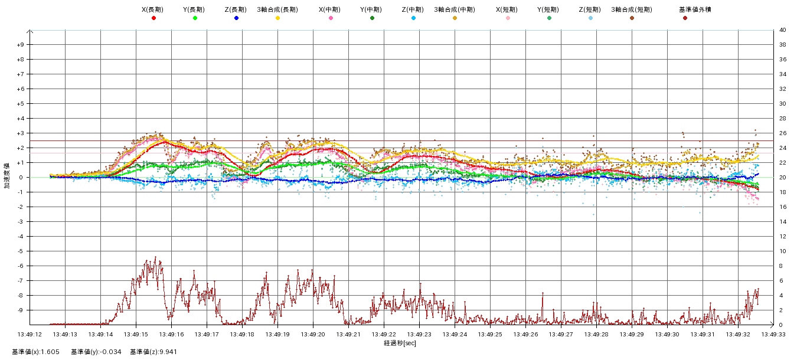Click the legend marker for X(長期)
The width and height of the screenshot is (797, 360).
(x=153, y=18)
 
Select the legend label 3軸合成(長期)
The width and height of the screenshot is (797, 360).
(x=277, y=10)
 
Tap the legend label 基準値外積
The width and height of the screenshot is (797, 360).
(x=685, y=10)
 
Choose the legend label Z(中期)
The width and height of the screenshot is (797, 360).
(x=413, y=10)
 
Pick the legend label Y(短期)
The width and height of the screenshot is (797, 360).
(x=549, y=10)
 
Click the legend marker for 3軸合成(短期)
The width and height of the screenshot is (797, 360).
(x=632, y=18)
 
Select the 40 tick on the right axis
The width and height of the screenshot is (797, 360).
(x=782, y=30)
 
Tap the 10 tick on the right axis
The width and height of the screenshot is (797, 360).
(x=782, y=251)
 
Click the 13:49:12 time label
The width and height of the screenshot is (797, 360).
(x=30, y=334)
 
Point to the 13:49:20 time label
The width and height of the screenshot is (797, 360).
(x=313, y=334)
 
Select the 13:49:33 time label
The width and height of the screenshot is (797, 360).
(x=773, y=334)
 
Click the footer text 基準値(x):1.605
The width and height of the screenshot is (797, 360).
(x=36, y=352)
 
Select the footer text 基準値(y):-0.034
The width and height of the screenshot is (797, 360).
(x=96, y=352)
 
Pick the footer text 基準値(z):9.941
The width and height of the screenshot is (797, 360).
(x=153, y=352)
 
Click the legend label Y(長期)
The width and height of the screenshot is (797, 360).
(x=195, y=10)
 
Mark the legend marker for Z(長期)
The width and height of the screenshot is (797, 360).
(x=236, y=18)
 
